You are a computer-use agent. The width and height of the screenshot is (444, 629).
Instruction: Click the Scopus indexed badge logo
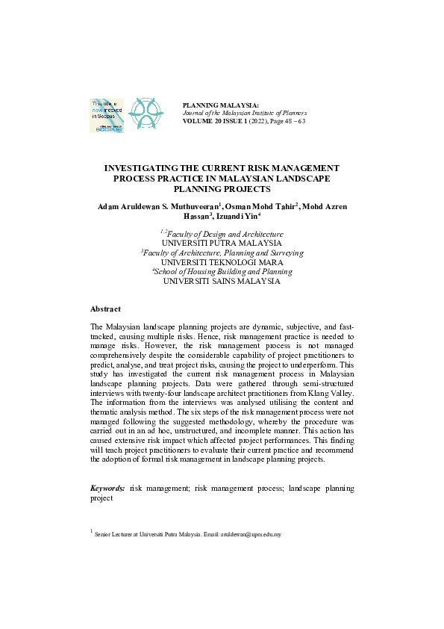pos(106,115)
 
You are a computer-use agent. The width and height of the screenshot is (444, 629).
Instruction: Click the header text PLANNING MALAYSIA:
pos(220,106)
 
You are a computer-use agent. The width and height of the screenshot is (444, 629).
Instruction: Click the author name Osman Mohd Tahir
pos(265,205)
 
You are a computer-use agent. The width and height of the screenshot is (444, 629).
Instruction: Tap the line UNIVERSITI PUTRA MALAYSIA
pos(222,244)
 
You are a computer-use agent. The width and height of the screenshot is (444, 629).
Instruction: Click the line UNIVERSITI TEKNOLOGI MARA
pos(222,263)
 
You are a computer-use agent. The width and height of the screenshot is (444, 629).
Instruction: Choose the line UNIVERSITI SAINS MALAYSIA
pos(222,282)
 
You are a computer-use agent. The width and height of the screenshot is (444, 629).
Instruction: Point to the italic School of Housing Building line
pos(223,273)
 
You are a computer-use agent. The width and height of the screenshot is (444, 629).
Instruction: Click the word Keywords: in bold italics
pos(107,488)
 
